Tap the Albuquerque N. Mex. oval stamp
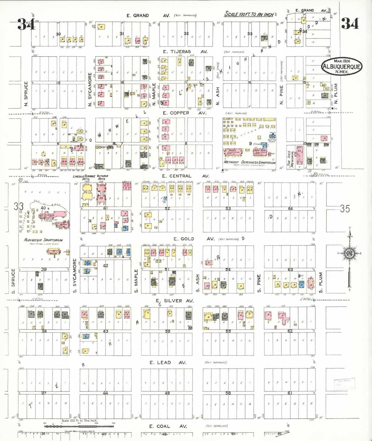tap(342, 66)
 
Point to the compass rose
tap(350, 253)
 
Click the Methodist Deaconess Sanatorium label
tap(249, 162)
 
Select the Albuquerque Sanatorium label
tap(43, 240)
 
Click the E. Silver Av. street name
tap(175, 301)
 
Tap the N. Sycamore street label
tap(90, 89)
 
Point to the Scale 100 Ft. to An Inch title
tap(249, 14)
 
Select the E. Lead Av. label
tap(164, 363)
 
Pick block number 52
tap(167, 208)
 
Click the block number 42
tap(106, 266)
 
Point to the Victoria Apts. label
tap(102, 177)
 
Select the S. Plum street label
tap(321, 283)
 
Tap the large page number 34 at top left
tap(26, 24)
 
